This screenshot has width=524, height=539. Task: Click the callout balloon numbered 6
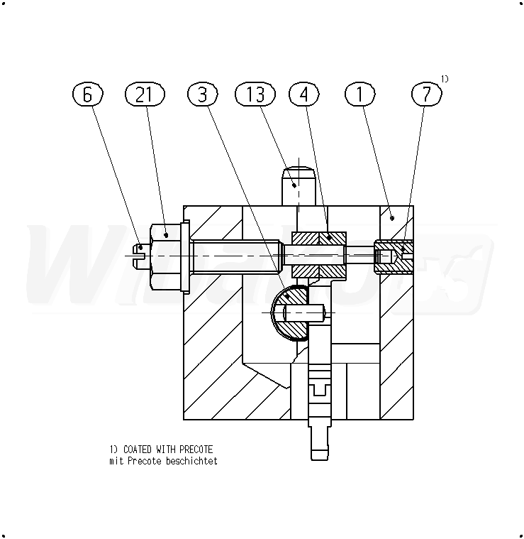point(87,94)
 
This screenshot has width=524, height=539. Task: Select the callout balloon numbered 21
point(145,94)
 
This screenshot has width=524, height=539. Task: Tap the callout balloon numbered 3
point(203,94)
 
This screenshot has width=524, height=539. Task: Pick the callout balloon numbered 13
point(255,94)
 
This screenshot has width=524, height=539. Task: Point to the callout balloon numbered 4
point(304,94)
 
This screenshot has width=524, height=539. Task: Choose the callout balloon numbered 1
point(359,94)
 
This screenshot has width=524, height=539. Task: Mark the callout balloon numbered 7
point(427,94)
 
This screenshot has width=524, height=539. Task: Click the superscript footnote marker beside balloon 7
point(445,79)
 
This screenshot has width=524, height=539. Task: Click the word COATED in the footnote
point(138,450)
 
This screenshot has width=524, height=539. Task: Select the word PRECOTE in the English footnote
point(196,450)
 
